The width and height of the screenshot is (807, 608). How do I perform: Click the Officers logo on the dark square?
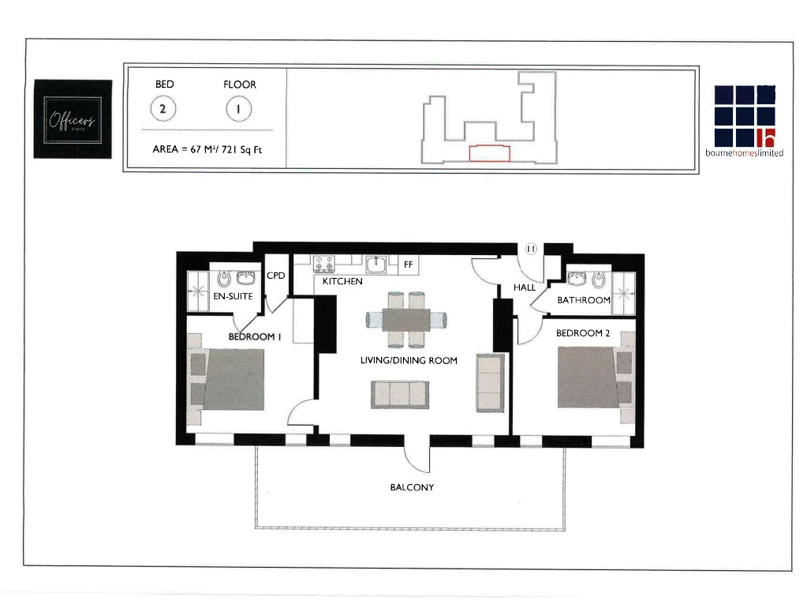click(72, 120)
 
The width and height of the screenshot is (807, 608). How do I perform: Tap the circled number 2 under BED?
click(163, 110)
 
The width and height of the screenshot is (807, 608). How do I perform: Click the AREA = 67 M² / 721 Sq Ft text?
click(206, 149)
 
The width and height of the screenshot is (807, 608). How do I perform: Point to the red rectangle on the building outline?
click(489, 153)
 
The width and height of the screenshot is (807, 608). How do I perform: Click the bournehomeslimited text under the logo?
click(744, 153)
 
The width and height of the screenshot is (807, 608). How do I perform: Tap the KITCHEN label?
click(342, 281)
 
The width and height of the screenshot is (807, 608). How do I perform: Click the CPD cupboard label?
click(275, 276)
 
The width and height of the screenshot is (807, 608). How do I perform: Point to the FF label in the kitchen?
click(408, 265)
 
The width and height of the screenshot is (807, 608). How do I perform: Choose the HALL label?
click(525, 288)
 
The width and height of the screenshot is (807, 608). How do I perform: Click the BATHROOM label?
click(584, 300)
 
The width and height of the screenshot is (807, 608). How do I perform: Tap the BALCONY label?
click(412, 487)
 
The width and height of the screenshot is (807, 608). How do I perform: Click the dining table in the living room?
click(406, 320)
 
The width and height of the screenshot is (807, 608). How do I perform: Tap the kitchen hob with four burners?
click(323, 263)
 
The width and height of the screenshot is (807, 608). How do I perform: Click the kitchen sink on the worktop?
click(376, 263)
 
